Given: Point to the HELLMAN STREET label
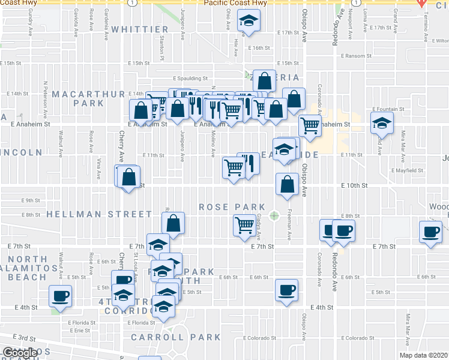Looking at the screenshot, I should click(x=99, y=214).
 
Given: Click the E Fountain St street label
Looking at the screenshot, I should click(x=388, y=109).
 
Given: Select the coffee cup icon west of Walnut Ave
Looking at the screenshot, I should click(x=60, y=295).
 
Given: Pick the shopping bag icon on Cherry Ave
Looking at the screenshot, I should click(x=128, y=178).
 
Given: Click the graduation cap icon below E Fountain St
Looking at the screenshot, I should click(x=381, y=124).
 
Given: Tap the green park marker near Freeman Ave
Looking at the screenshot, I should click(x=275, y=215).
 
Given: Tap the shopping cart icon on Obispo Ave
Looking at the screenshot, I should click(x=310, y=126).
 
